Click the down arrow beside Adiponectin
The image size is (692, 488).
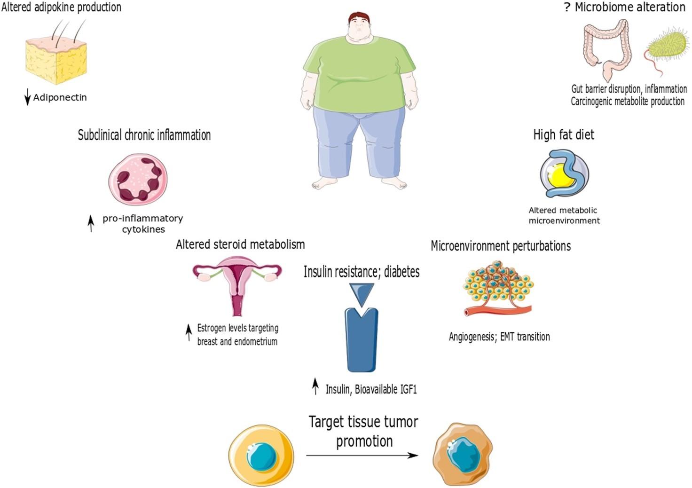tap(27, 98)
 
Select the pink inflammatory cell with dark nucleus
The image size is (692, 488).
tap(138, 179)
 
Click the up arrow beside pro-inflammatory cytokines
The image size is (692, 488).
tap(91, 224)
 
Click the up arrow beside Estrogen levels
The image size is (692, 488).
tap(189, 332)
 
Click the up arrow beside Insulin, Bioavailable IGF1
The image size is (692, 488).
tap(315, 387)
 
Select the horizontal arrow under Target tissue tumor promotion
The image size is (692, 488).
tap(362, 455)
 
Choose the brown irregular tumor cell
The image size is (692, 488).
tap(463, 454)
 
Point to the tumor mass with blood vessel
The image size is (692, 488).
tap(498, 289)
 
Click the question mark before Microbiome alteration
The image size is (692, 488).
tap(567, 8)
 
